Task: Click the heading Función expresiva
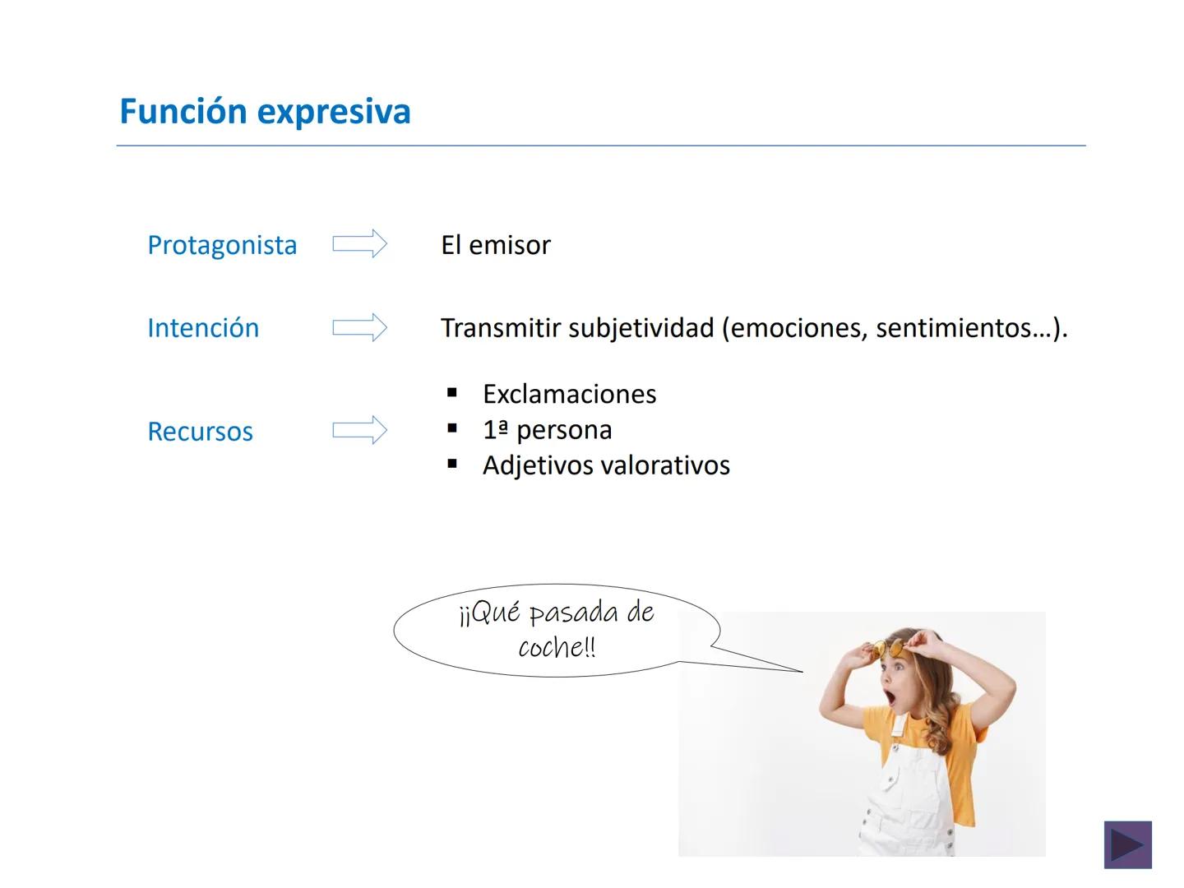265,112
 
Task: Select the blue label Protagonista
222,245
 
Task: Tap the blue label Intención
203,328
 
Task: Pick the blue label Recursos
200,432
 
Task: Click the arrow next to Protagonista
359,244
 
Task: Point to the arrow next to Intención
359,327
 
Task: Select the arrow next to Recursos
359,430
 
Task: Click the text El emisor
495,245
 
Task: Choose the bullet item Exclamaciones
569,395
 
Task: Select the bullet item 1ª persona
547,430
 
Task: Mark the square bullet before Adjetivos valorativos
452,465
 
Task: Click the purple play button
1127,844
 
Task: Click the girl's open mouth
891,698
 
